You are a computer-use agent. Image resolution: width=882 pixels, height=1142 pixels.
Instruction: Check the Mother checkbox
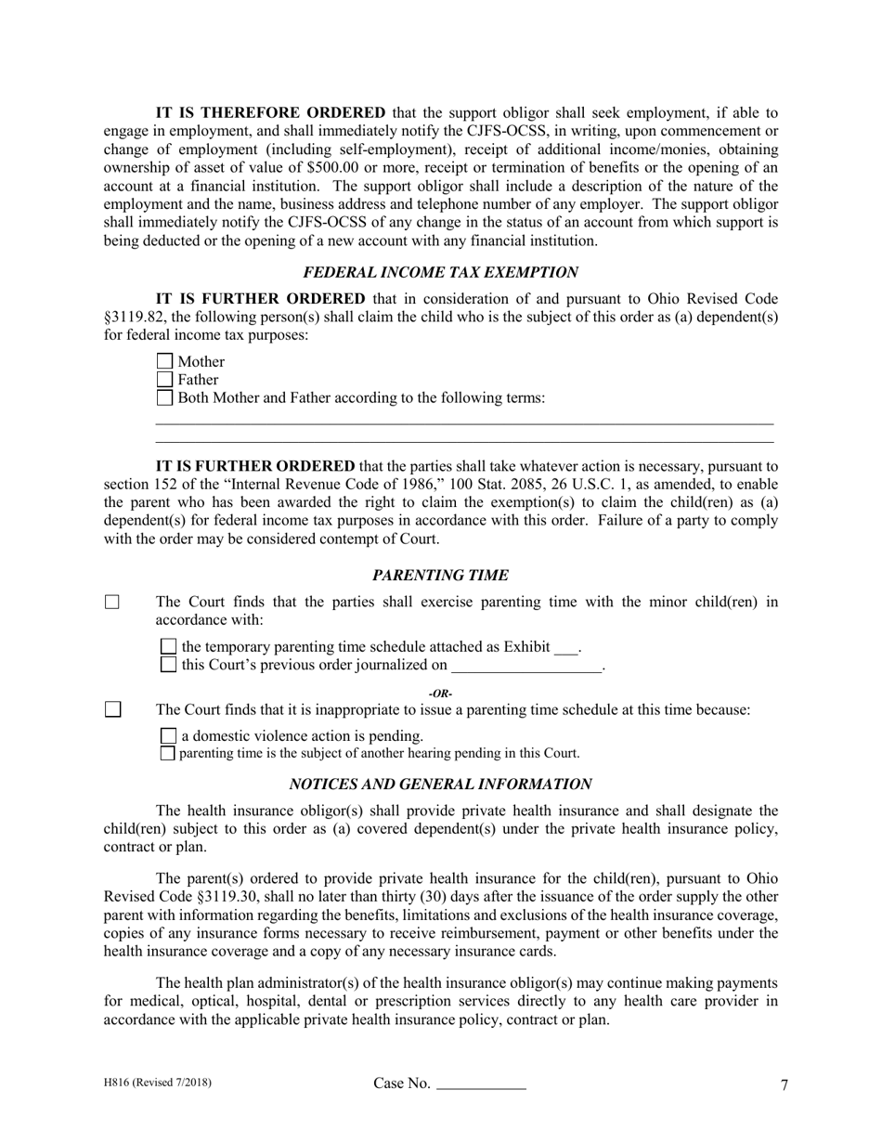pos(164,362)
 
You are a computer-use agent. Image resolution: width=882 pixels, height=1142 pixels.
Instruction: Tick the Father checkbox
pos(164,380)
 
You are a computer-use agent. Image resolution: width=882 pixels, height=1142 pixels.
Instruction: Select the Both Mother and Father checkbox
pos(164,398)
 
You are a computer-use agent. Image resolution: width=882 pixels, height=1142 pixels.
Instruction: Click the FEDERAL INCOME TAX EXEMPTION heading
pos(440,272)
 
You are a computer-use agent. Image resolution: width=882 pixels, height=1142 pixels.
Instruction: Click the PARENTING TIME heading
pos(440,576)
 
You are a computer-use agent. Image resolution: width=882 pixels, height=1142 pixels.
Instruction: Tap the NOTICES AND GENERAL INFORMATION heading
pos(440,784)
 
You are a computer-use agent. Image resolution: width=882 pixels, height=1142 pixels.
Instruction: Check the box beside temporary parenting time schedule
pos(168,646)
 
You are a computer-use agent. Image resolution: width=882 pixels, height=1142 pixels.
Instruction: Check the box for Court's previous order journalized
pos(168,665)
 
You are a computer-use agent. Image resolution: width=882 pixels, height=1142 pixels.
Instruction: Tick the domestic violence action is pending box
pos(168,736)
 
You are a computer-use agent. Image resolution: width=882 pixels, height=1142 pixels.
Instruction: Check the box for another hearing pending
pos(168,753)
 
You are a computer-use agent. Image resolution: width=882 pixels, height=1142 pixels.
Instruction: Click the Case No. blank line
pos(481,1085)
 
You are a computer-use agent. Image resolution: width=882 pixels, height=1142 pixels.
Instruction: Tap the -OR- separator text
pos(440,694)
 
